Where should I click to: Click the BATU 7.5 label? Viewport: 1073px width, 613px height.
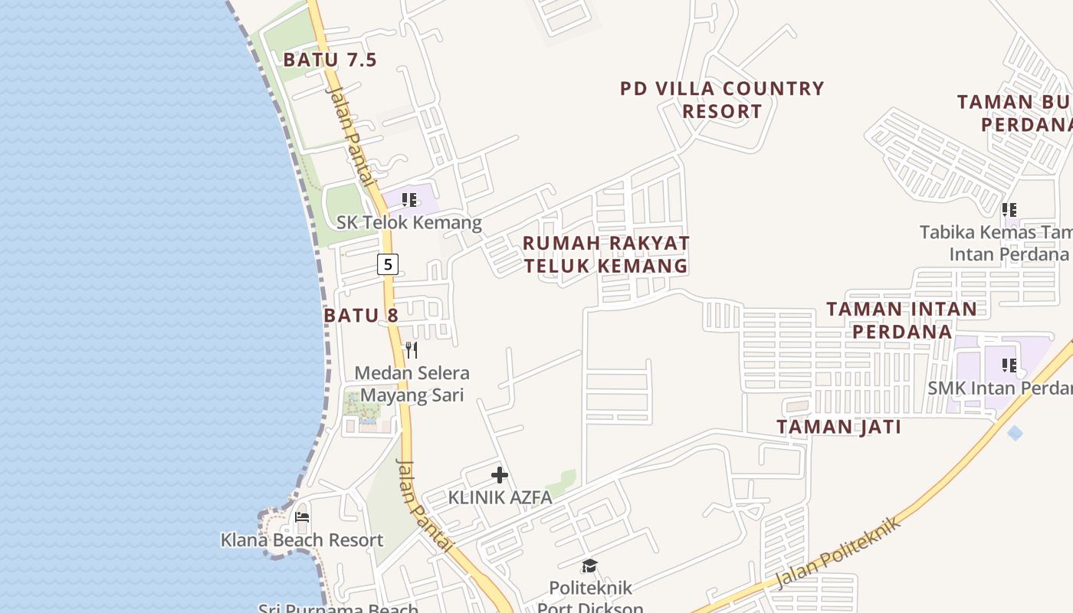click(x=330, y=60)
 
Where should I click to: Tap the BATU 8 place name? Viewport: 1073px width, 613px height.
click(x=360, y=315)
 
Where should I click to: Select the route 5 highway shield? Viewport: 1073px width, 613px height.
click(x=388, y=264)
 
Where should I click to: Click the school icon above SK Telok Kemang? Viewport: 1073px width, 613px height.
click(x=409, y=200)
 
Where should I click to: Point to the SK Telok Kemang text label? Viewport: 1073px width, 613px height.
click(x=409, y=223)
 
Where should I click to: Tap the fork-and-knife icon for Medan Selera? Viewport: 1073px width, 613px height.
click(x=412, y=350)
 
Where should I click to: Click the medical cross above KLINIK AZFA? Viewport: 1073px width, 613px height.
click(x=500, y=475)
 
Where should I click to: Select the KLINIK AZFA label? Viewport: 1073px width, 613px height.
click(x=500, y=497)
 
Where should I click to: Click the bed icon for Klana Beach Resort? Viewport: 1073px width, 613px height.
click(x=302, y=517)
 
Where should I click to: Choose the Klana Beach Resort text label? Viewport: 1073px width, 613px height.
click(x=302, y=540)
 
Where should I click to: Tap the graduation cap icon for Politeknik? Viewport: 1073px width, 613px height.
click(x=589, y=566)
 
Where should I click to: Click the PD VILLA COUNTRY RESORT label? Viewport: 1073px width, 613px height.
click(x=722, y=100)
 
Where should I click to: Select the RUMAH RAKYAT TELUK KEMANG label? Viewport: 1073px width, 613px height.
click(x=605, y=254)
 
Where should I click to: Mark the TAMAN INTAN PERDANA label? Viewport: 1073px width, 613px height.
click(x=902, y=320)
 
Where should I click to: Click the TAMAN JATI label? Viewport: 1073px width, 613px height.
click(x=838, y=427)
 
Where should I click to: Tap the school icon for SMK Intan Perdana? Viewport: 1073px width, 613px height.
click(x=1009, y=366)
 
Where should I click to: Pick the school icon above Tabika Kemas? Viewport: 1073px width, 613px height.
click(x=1009, y=209)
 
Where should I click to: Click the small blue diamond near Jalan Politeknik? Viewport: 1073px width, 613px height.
click(x=1015, y=433)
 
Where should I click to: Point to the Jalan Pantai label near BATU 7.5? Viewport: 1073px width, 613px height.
click(x=350, y=136)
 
